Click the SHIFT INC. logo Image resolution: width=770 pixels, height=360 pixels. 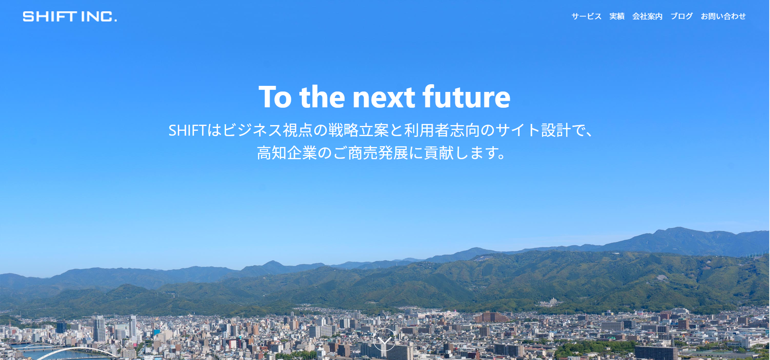70,16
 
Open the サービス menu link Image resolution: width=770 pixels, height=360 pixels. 587,16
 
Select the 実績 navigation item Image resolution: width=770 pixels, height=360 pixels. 617,16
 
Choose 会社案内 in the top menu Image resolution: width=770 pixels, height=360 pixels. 647,16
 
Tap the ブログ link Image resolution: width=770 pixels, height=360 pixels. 682,16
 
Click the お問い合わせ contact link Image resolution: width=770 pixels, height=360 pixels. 723,16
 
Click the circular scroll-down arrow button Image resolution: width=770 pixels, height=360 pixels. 384,339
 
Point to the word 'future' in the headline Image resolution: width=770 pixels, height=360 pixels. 466,97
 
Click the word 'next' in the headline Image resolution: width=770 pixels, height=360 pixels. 384,98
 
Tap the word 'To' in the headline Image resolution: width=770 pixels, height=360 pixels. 275,98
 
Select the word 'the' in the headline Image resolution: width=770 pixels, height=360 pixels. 322,97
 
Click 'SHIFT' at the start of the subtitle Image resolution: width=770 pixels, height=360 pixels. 188,130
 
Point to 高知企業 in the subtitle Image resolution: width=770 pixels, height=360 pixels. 287,153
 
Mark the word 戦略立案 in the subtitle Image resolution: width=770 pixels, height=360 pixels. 358,130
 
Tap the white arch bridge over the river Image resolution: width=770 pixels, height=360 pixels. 77,350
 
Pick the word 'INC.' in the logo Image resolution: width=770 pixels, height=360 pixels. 99,16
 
